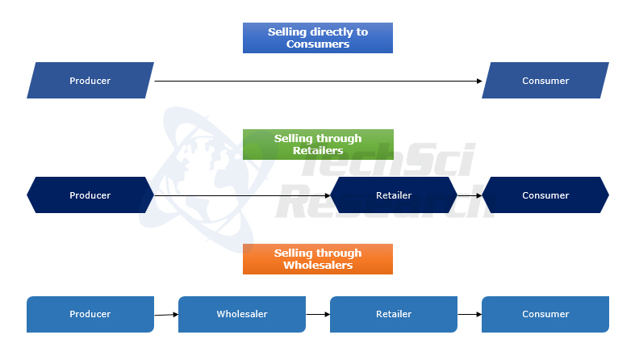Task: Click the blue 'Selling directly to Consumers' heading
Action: pos(317,38)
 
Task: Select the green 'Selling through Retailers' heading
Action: pos(317,144)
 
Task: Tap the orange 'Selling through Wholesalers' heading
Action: pos(317,259)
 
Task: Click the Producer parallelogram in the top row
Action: pos(90,81)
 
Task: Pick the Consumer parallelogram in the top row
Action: pos(545,81)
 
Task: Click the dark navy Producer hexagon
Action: pos(90,195)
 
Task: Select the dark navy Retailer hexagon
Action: pos(394,195)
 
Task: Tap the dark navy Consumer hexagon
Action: pos(545,195)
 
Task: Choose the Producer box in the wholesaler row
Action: pos(90,314)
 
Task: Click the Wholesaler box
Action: pos(242,314)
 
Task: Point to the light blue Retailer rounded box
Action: pos(394,314)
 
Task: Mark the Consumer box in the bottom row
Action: pos(545,314)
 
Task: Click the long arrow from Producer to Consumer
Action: pos(318,81)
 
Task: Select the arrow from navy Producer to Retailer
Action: pos(242,195)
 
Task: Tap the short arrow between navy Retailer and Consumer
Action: pos(470,195)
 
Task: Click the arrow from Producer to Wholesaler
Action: pos(166,314)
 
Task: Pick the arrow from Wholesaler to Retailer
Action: pos(318,314)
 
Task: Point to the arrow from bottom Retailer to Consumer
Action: pos(470,314)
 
